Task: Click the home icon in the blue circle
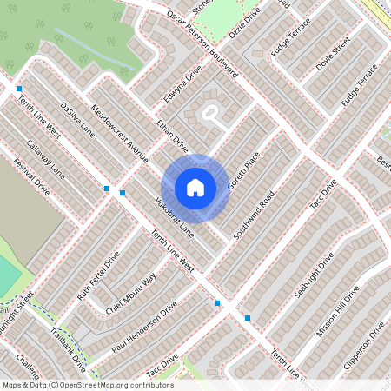(195, 188)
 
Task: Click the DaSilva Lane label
(77, 120)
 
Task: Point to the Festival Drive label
(30, 174)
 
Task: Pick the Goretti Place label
(243, 173)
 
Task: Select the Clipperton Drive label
(364, 347)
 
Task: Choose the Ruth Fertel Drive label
(98, 277)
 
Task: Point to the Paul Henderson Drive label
(144, 330)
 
